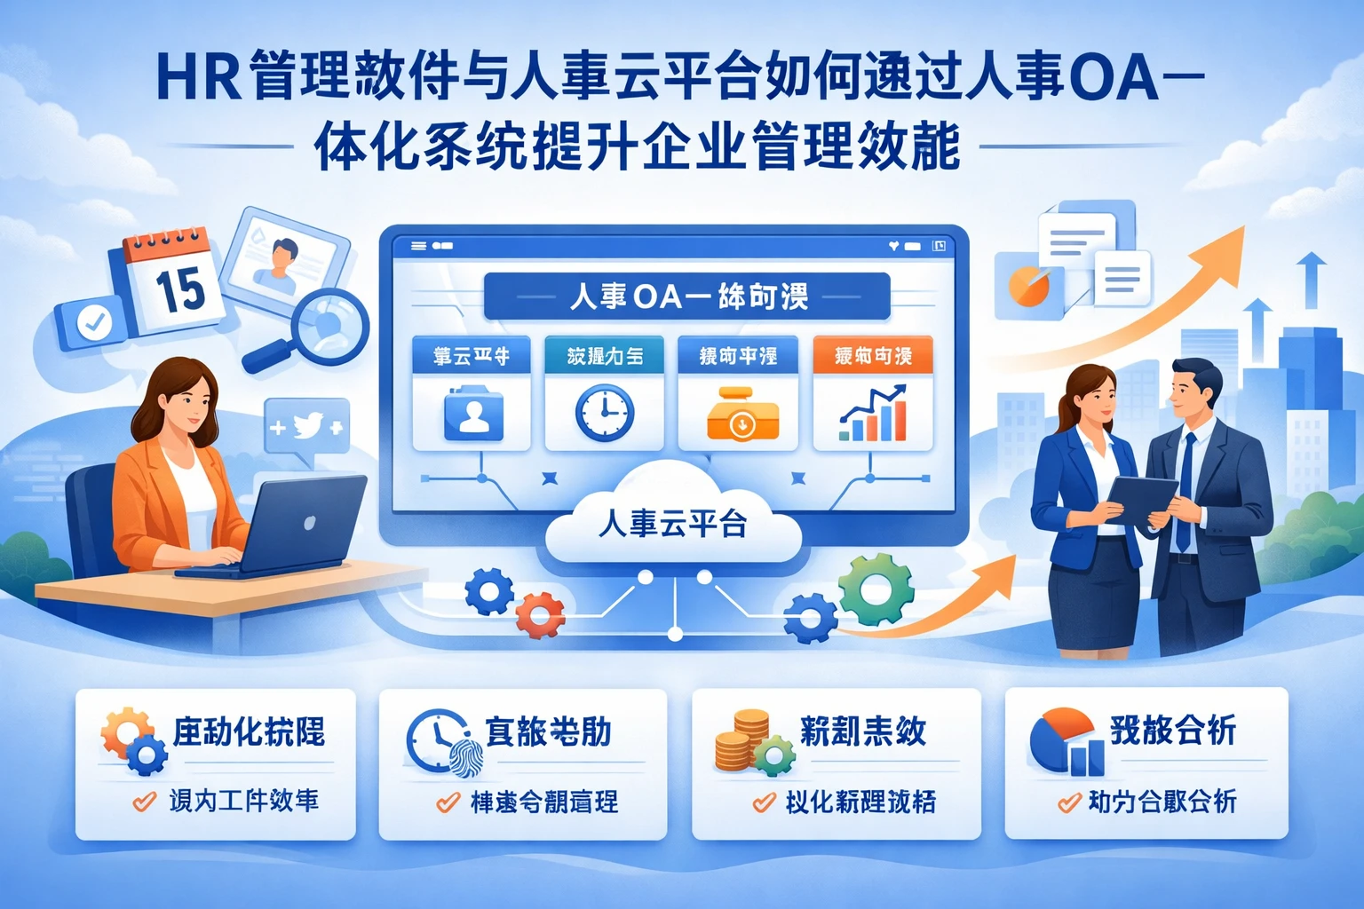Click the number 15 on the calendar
[180, 289]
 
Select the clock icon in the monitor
[604, 414]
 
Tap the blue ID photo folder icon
[472, 414]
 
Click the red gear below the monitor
[540, 613]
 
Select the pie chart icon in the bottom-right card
[1060, 737]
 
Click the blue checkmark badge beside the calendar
[93, 322]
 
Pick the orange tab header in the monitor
[872, 355]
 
